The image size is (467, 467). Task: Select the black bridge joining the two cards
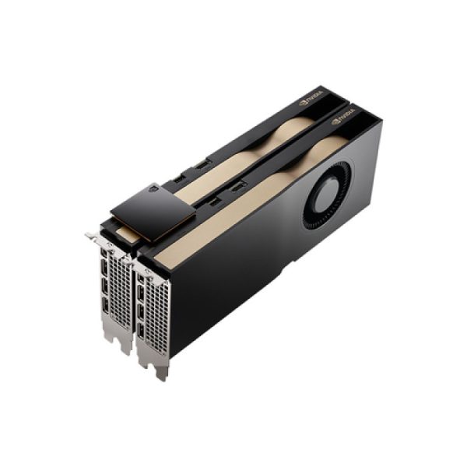tap(152, 210)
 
